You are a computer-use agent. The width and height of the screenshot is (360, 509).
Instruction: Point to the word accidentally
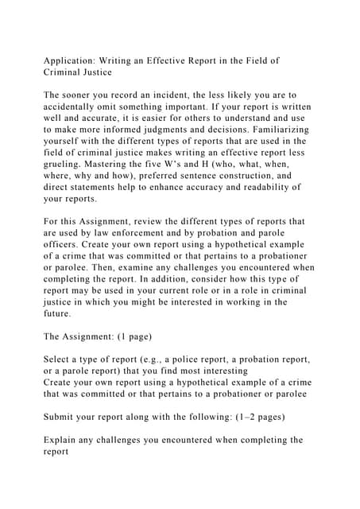click(x=79, y=107)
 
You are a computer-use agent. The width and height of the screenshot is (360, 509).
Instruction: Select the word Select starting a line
click(x=60, y=360)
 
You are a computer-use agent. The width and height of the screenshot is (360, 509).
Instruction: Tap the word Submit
click(x=62, y=418)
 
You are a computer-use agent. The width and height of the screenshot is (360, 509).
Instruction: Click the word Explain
click(x=64, y=441)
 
